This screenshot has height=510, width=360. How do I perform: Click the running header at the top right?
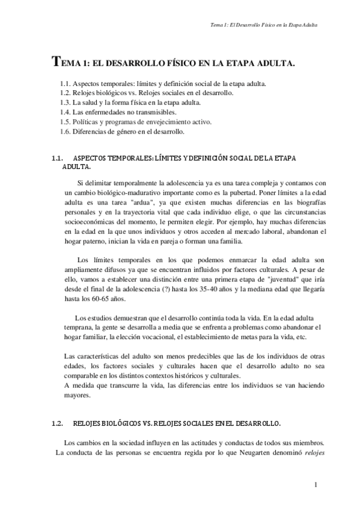(x=264, y=25)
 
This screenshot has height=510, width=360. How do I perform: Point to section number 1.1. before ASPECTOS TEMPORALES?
(x=58, y=158)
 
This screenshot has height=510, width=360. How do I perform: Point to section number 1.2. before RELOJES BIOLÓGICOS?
(x=58, y=423)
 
